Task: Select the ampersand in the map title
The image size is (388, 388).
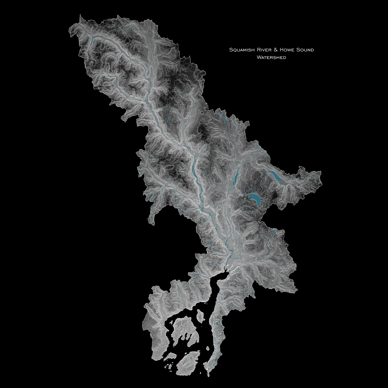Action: click(x=275, y=50)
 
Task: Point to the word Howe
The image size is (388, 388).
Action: click(x=286, y=50)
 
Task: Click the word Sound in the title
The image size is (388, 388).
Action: click(x=305, y=50)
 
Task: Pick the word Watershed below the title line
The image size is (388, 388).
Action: click(x=271, y=58)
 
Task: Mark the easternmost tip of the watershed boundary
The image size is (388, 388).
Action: click(x=321, y=172)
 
